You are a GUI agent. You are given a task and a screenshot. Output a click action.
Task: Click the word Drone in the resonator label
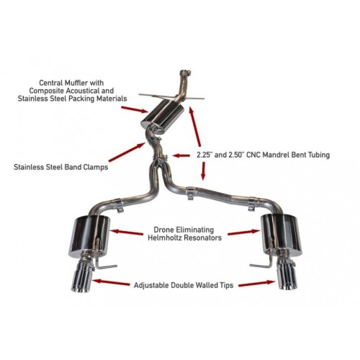click(148, 228)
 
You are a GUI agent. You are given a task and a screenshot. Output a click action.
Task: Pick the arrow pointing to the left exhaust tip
click(112, 284)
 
